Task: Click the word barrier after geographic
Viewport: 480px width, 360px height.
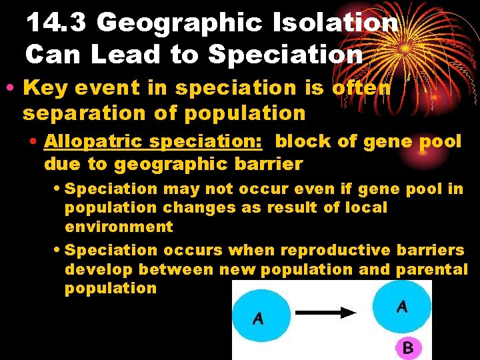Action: point(269,163)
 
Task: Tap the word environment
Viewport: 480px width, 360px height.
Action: point(118,227)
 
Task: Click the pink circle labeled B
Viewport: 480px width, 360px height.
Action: point(408,347)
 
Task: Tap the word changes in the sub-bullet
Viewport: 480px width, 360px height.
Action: point(198,207)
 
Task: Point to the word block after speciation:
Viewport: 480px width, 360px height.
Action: point(305,141)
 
